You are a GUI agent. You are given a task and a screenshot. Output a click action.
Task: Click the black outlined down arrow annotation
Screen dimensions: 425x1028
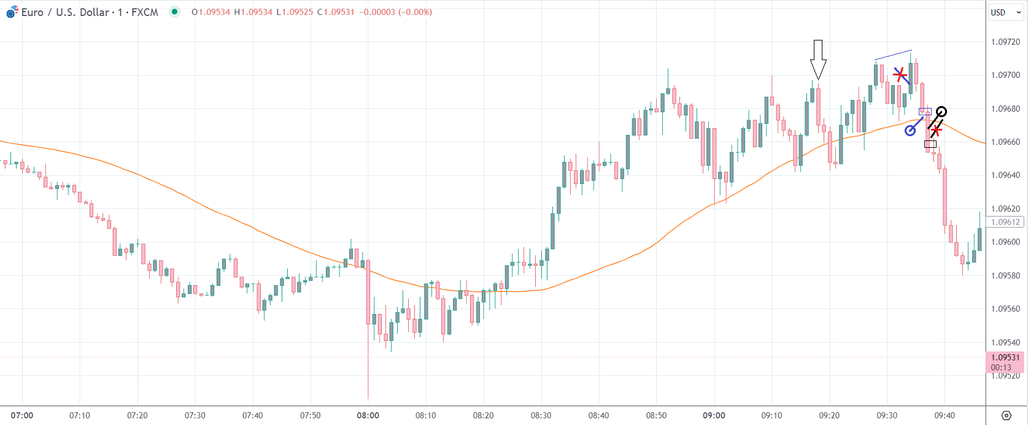(818, 59)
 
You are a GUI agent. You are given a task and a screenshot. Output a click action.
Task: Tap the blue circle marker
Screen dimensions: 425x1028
(911, 131)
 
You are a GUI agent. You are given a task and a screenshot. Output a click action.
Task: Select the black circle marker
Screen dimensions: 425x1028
(941, 112)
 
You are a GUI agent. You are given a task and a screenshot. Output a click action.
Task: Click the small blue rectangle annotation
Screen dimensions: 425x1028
(925, 111)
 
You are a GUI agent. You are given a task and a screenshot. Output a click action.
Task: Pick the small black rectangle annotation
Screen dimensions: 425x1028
(930, 145)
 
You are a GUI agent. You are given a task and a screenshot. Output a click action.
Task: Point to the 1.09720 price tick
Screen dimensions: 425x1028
(1005, 42)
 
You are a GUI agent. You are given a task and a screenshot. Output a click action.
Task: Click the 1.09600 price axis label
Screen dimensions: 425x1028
(1005, 242)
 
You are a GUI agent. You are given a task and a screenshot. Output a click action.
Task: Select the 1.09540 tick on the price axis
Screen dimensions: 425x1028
(1005, 342)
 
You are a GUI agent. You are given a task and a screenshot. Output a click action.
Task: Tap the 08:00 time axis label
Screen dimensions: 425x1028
(368, 415)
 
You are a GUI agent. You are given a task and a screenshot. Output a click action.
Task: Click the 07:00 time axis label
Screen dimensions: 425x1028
(22, 415)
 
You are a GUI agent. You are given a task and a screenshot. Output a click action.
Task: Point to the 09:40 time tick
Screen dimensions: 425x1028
(945, 415)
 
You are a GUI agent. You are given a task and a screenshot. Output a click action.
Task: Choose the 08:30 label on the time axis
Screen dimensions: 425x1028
(541, 415)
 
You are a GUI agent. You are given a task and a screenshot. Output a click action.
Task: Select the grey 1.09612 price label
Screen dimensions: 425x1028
(1005, 223)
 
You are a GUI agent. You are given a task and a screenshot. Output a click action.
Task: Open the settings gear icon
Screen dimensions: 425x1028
(1006, 415)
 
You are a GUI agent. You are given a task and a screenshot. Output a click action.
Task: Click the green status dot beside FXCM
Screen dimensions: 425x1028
(175, 12)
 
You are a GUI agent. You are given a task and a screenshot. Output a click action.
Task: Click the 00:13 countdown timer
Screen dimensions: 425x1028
(1001, 368)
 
